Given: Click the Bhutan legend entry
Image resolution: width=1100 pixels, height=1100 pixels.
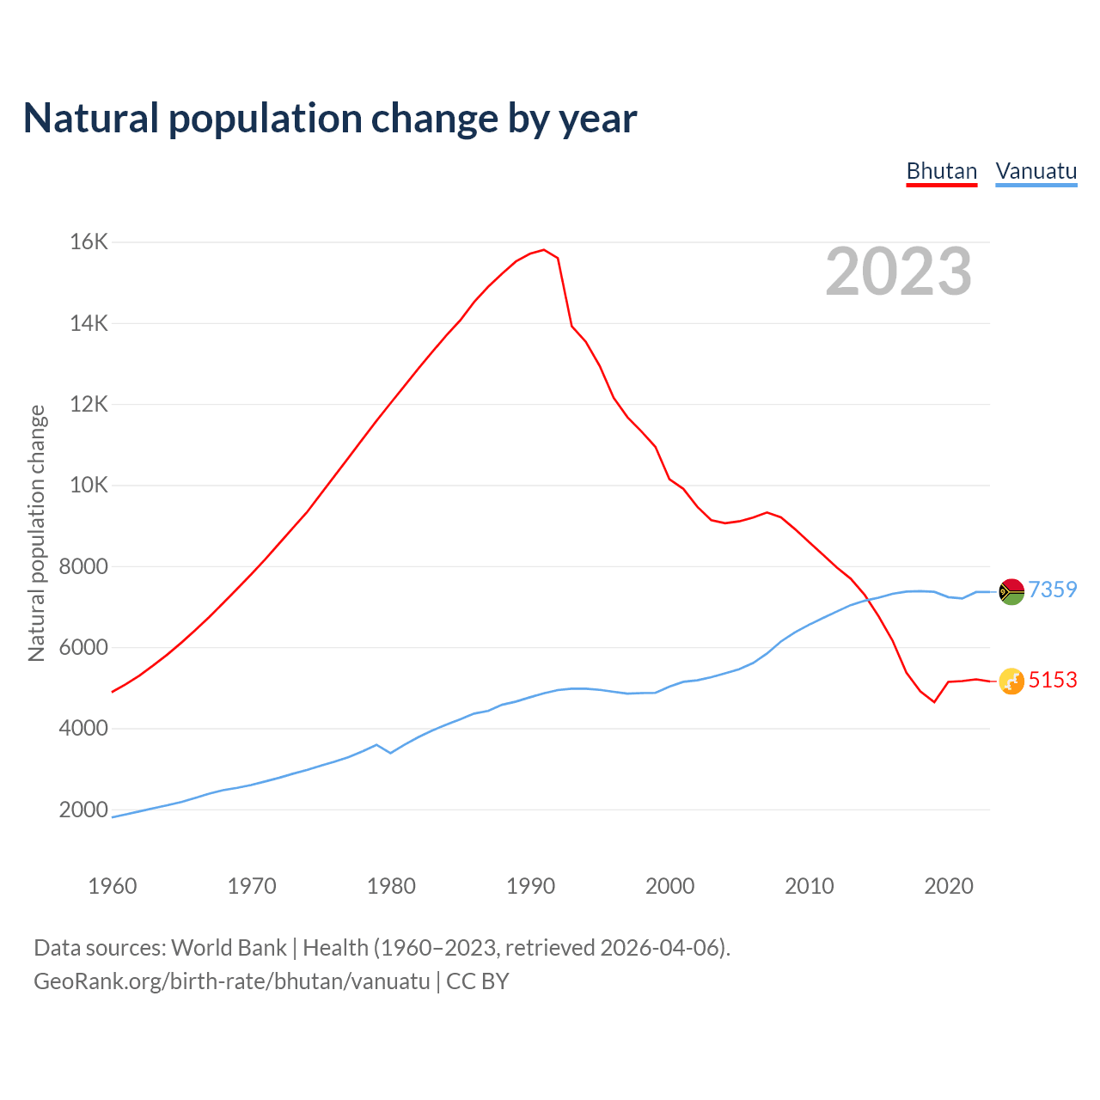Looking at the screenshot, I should pos(942,171).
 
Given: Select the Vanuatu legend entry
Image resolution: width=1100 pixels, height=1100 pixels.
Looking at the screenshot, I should pos(1036,171).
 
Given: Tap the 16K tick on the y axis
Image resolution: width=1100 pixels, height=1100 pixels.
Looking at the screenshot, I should pos(89,242).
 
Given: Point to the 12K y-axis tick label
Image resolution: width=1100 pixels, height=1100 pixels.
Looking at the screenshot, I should pos(89,404).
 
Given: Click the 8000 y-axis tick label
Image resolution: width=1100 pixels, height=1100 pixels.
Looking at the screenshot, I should pos(83,566).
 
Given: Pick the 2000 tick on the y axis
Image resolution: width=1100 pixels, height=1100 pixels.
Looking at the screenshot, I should pos(83,810).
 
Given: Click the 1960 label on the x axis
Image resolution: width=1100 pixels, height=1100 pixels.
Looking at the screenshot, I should pos(113,886).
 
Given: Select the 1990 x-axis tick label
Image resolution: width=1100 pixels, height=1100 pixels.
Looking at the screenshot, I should pos(530,886).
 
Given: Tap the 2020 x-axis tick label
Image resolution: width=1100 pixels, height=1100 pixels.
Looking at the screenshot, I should pos(949,886).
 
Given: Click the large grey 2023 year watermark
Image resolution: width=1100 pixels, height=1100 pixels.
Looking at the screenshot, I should pos(899,272).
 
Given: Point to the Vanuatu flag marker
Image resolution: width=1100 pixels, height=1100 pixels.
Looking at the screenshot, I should pos(1011,591).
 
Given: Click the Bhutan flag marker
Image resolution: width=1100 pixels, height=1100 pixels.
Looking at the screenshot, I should pos(1011,681).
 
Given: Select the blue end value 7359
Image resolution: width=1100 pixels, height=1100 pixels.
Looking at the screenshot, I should pos(1053,590).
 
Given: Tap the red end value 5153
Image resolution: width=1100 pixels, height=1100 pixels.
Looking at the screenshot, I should pos(1053,680).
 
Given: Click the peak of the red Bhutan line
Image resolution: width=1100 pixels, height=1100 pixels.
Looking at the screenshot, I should pos(543,250).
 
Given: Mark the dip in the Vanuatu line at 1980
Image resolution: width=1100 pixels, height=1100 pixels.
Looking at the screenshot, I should pos(391,753).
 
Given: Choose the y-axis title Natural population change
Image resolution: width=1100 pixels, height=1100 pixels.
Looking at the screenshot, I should pos(37,534).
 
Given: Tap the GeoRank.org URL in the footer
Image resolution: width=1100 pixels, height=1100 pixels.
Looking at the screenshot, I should pos(232,981).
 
